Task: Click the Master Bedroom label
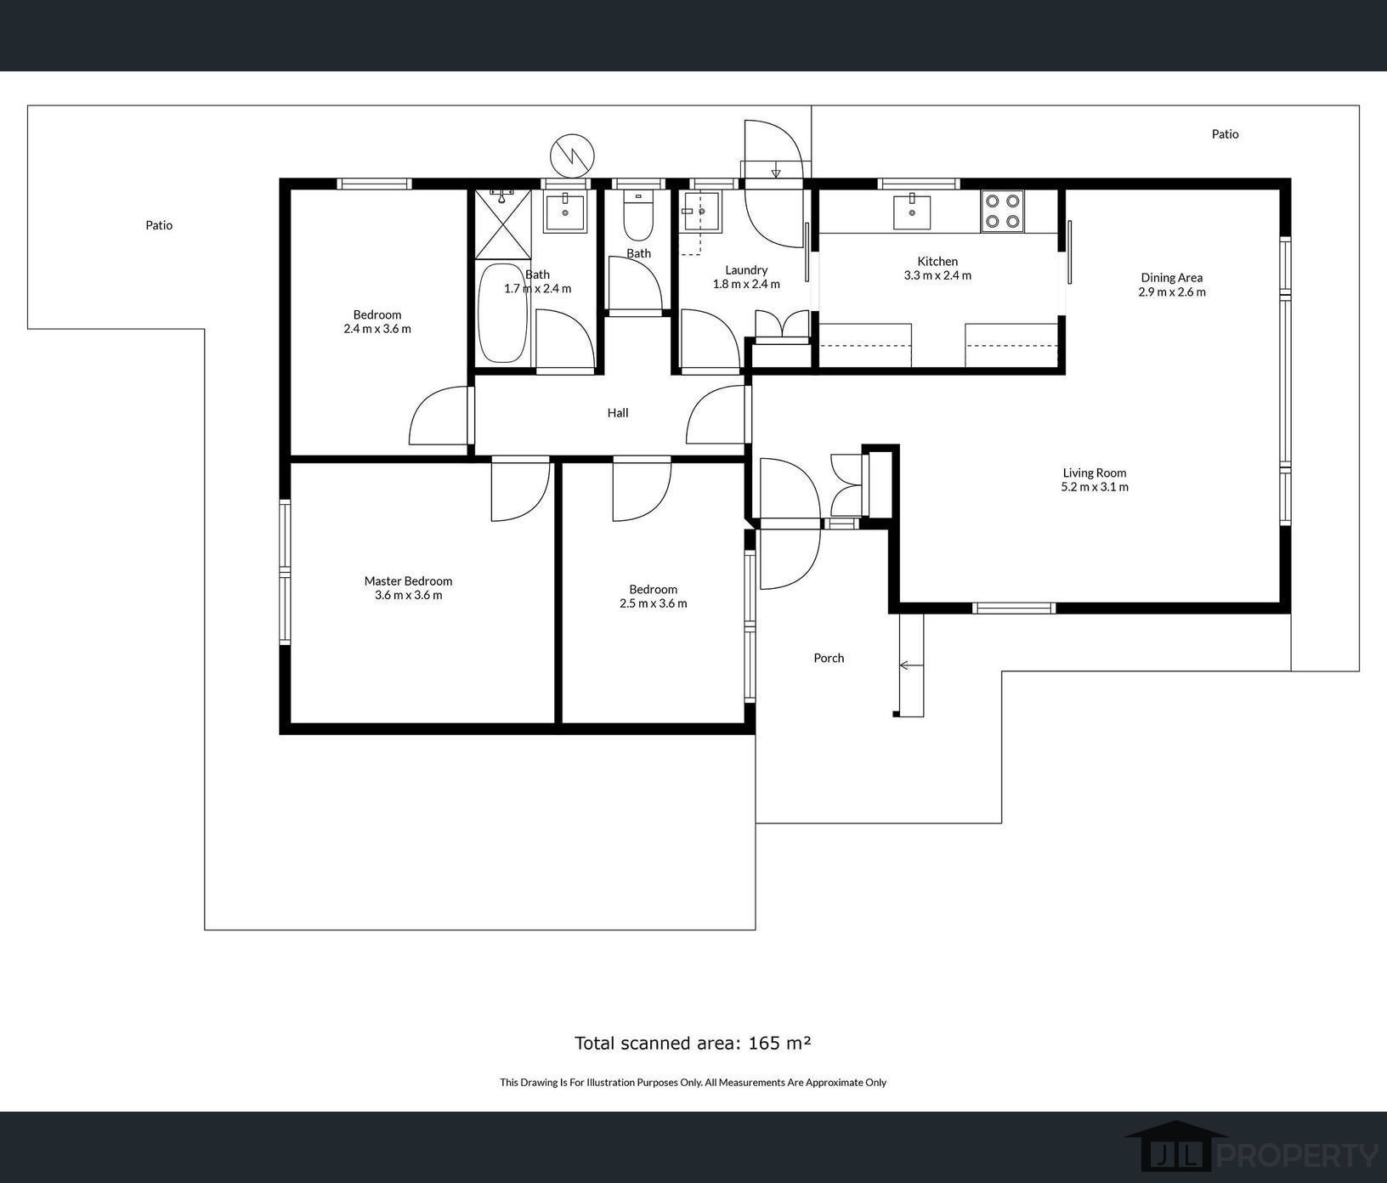408,581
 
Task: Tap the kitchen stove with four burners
1002,212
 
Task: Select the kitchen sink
912,212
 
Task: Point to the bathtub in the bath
502,314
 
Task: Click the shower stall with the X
502,224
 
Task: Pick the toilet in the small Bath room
637,215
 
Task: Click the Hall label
618,413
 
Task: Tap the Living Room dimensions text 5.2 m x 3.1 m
1095,487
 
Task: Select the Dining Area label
1171,278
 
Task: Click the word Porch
829,658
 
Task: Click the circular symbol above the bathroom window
573,156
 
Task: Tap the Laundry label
746,270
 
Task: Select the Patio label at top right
1225,134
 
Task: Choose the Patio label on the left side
159,225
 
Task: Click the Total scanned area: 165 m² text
693,1043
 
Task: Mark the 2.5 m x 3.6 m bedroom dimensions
654,603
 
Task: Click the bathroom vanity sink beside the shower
564,212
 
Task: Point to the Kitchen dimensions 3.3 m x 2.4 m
937,275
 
